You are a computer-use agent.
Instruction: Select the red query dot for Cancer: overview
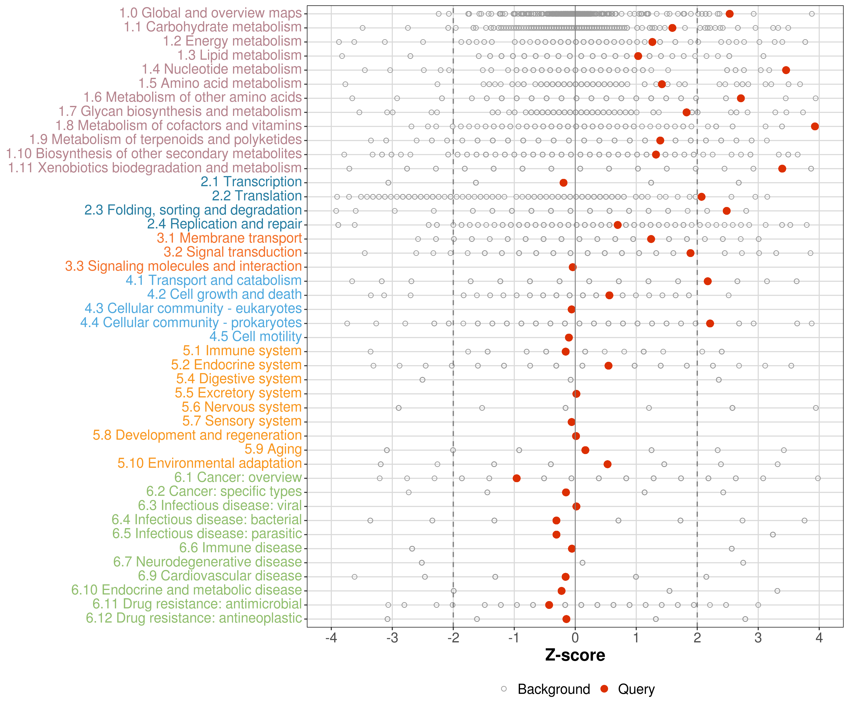(516, 478)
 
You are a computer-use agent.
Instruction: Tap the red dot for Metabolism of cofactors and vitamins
(815, 126)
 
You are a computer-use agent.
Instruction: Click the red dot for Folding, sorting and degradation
(727, 211)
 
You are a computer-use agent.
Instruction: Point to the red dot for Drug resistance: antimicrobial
(549, 605)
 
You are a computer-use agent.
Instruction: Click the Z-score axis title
(575, 655)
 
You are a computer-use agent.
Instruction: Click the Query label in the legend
(636, 689)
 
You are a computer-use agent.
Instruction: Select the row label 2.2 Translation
(257, 196)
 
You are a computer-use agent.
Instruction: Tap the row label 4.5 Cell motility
(255, 337)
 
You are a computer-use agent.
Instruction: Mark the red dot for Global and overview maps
(729, 14)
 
